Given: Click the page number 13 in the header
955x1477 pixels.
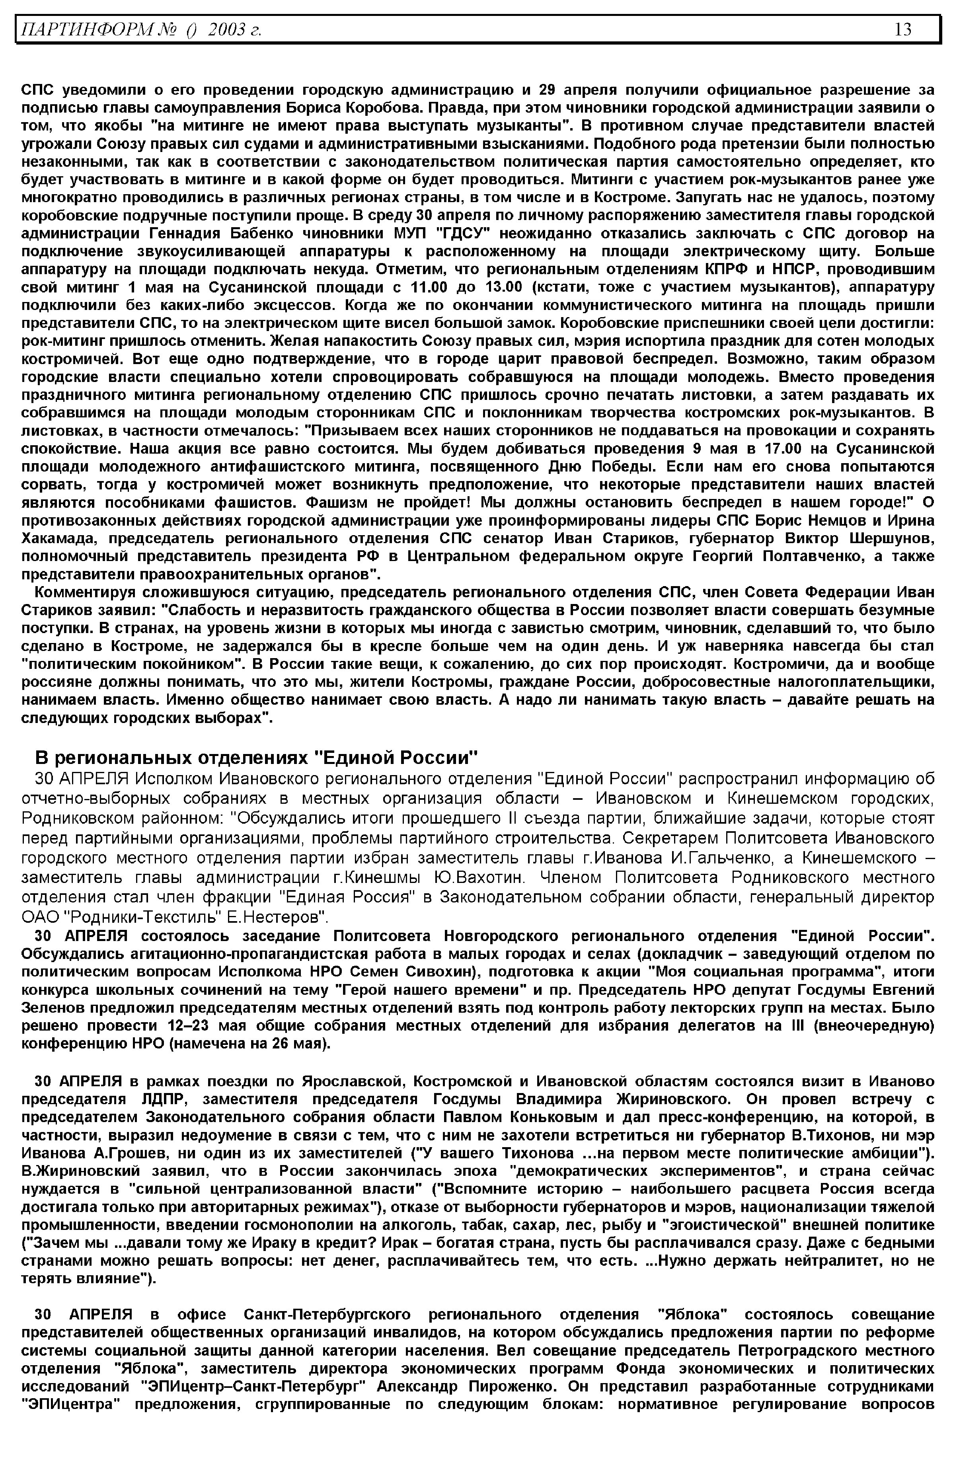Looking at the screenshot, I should click(x=903, y=29).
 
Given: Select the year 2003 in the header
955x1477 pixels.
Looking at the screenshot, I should click(x=224, y=29).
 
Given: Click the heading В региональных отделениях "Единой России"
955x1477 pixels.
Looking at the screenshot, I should click(x=257, y=758).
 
